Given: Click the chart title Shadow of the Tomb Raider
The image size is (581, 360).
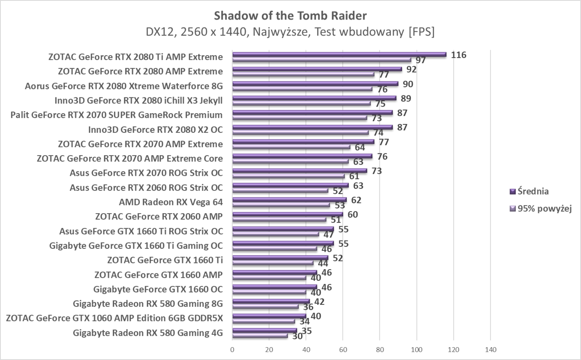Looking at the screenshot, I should pyautogui.click(x=290, y=16).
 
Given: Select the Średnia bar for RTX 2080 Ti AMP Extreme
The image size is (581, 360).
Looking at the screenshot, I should pyautogui.click(x=339, y=54).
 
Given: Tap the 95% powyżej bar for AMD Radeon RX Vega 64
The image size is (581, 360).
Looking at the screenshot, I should pyautogui.click(x=281, y=205).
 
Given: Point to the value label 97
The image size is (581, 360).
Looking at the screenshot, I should pyautogui.click(x=421, y=61).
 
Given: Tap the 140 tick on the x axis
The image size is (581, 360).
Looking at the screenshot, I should pyautogui.click(x=491, y=349).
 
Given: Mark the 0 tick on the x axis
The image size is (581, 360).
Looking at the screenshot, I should pyautogui.click(x=232, y=349).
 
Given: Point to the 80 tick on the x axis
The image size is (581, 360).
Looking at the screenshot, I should pyautogui.click(x=380, y=349).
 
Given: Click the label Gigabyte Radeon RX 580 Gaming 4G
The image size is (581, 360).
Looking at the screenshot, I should pyautogui.click(x=148, y=333).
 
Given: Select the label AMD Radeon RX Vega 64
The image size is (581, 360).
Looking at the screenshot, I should pyautogui.click(x=171, y=202).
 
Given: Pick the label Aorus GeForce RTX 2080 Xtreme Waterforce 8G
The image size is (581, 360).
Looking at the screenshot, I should pyautogui.click(x=124, y=86).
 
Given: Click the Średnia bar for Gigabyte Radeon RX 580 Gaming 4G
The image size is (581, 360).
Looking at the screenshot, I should pyautogui.click(x=264, y=330).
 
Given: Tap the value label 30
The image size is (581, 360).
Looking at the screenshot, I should pyautogui.click(x=298, y=336).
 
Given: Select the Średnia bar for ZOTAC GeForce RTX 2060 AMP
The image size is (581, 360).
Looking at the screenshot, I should pyautogui.click(x=288, y=214).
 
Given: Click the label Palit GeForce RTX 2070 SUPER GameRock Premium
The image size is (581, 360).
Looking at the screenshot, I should pyautogui.click(x=117, y=115).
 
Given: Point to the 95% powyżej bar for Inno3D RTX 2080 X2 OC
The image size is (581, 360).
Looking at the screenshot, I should pyautogui.click(x=300, y=133).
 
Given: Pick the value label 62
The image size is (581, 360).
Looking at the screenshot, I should pyautogui.click(x=356, y=200).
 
